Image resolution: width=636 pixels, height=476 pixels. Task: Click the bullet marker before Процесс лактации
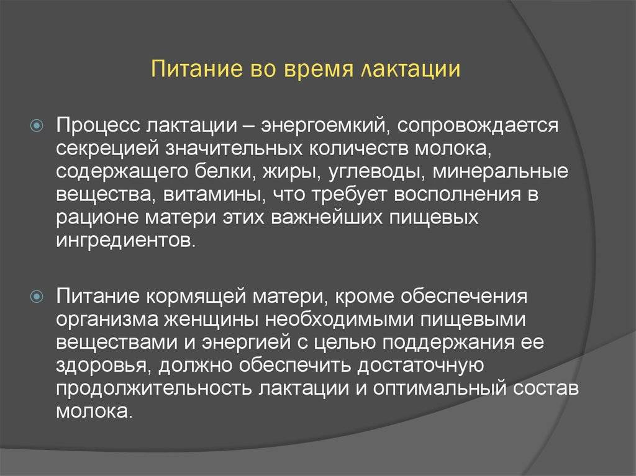tap(37, 126)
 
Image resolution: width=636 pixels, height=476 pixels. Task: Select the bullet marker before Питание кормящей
tap(37, 297)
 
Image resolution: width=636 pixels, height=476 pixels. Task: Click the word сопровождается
tap(478, 126)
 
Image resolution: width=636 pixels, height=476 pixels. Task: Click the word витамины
tap(214, 195)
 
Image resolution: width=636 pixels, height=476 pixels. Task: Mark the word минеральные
tap(500, 173)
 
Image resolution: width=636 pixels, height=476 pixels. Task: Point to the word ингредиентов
tap(125, 241)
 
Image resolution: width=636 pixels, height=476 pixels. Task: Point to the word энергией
tap(246, 343)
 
